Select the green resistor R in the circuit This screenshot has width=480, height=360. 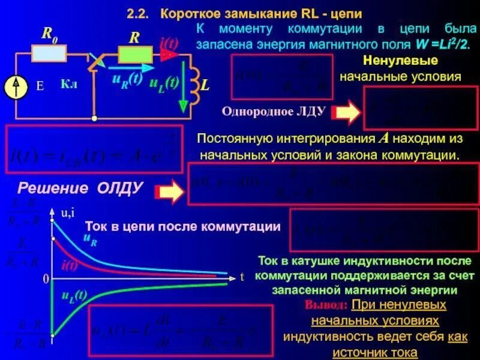tap(136, 55)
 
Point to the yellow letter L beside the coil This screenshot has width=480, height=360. tap(205, 86)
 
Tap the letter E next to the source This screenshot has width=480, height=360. tap(40, 86)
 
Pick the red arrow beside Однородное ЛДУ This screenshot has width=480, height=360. tap(347, 112)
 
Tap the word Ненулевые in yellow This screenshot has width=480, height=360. tap(400, 61)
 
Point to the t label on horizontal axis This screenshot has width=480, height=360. tap(242, 278)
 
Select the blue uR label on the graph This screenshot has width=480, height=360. tap(91, 240)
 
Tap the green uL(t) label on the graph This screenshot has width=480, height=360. tap(74, 295)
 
